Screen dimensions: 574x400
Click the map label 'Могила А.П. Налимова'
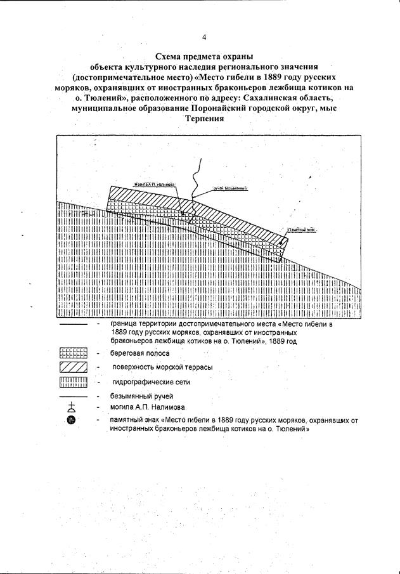pos(154,185)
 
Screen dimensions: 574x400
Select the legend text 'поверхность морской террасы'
pos(162,368)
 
